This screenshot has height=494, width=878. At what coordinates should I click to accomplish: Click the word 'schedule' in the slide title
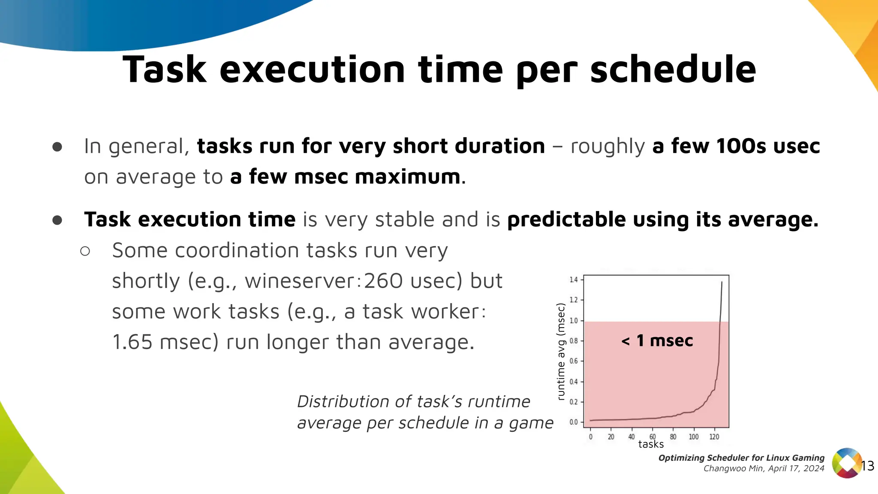tap(673, 70)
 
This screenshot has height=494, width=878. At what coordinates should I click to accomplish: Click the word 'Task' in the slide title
tap(165, 70)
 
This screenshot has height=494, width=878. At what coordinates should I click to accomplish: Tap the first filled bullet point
tap(57, 147)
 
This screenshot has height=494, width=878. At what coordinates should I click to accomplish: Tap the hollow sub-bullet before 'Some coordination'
tap(85, 251)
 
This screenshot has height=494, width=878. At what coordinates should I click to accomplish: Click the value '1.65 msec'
tap(165, 343)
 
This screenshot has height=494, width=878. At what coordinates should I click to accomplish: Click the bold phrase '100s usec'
tap(767, 146)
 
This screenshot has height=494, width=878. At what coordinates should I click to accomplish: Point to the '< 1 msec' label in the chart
tap(657, 341)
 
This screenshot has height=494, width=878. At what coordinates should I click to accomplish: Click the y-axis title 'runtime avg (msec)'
tap(561, 352)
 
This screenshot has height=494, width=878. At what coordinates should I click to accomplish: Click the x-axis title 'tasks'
tap(651, 444)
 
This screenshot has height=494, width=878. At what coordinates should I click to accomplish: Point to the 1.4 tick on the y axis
tap(574, 280)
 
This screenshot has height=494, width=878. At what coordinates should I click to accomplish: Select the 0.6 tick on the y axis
tap(574, 361)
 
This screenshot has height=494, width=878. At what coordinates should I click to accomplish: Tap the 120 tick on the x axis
tap(714, 437)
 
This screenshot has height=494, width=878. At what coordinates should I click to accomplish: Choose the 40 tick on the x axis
tap(631, 437)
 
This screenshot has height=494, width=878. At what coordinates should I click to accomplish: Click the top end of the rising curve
tap(722, 282)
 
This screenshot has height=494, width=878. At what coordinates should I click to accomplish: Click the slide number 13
tap(867, 466)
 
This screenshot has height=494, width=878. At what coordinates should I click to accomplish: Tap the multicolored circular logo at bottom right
tap(846, 463)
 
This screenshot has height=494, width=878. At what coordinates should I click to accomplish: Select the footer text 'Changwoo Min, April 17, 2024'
tap(764, 469)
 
